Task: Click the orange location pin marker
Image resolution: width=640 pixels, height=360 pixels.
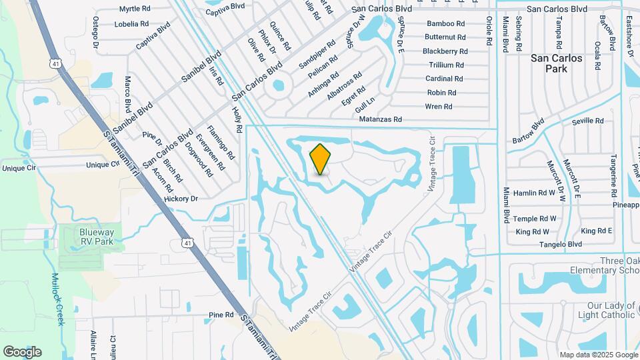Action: [321, 159]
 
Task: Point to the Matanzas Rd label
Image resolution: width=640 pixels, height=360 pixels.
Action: [381, 119]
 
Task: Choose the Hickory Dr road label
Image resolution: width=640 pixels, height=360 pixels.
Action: [181, 199]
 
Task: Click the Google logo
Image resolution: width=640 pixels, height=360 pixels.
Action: [22, 351]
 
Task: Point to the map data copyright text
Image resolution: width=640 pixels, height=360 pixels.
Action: [597, 355]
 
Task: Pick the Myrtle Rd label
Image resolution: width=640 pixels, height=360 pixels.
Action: [135, 9]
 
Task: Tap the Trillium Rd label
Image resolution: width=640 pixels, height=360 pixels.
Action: [446, 65]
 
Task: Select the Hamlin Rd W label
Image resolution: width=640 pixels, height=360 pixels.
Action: [535, 193]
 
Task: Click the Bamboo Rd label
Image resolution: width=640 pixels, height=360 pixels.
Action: [445, 23]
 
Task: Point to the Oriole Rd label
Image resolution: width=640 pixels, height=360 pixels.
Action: [489, 35]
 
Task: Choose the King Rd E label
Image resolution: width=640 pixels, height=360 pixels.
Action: [597, 231]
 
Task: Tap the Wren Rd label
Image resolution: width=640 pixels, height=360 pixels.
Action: [439, 107]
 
